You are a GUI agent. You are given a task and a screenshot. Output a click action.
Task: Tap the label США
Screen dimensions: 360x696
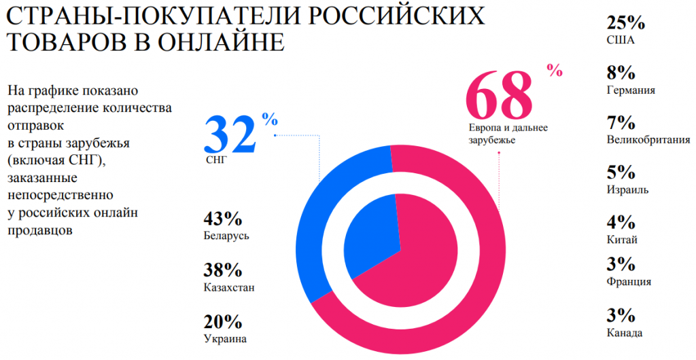pos(620,40)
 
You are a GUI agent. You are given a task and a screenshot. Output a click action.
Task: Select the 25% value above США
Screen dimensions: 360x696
pos(625,22)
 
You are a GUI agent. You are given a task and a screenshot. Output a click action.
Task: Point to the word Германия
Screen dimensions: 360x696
pos(631,90)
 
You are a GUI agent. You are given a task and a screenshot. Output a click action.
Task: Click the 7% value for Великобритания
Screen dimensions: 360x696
pos(621,123)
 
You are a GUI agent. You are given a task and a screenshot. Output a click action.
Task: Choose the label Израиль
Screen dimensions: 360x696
pos(627,190)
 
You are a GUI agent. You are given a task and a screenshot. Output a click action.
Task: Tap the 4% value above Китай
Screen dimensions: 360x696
pos(621,222)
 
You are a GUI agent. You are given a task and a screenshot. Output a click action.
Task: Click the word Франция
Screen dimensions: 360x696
pos(629,282)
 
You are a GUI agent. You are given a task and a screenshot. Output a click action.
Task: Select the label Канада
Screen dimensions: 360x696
pos(625,333)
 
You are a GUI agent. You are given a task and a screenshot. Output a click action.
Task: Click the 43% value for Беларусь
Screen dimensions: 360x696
pos(222,219)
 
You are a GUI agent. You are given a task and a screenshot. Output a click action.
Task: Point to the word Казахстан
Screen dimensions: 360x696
pos(228,287)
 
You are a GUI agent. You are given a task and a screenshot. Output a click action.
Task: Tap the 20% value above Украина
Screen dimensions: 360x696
pos(222,321)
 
